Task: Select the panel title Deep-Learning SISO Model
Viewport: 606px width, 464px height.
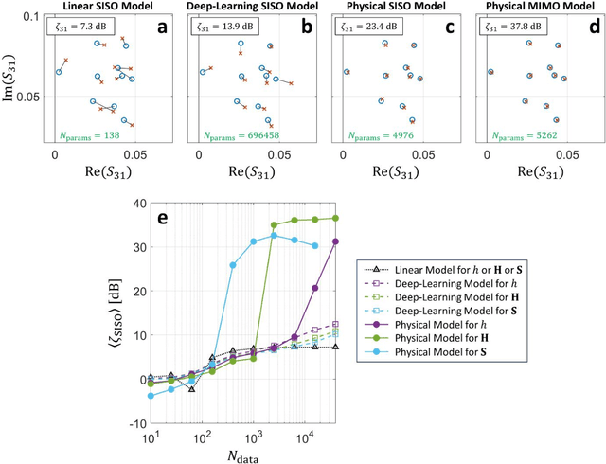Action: [247, 7]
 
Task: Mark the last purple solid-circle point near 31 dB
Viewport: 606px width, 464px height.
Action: [335, 241]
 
